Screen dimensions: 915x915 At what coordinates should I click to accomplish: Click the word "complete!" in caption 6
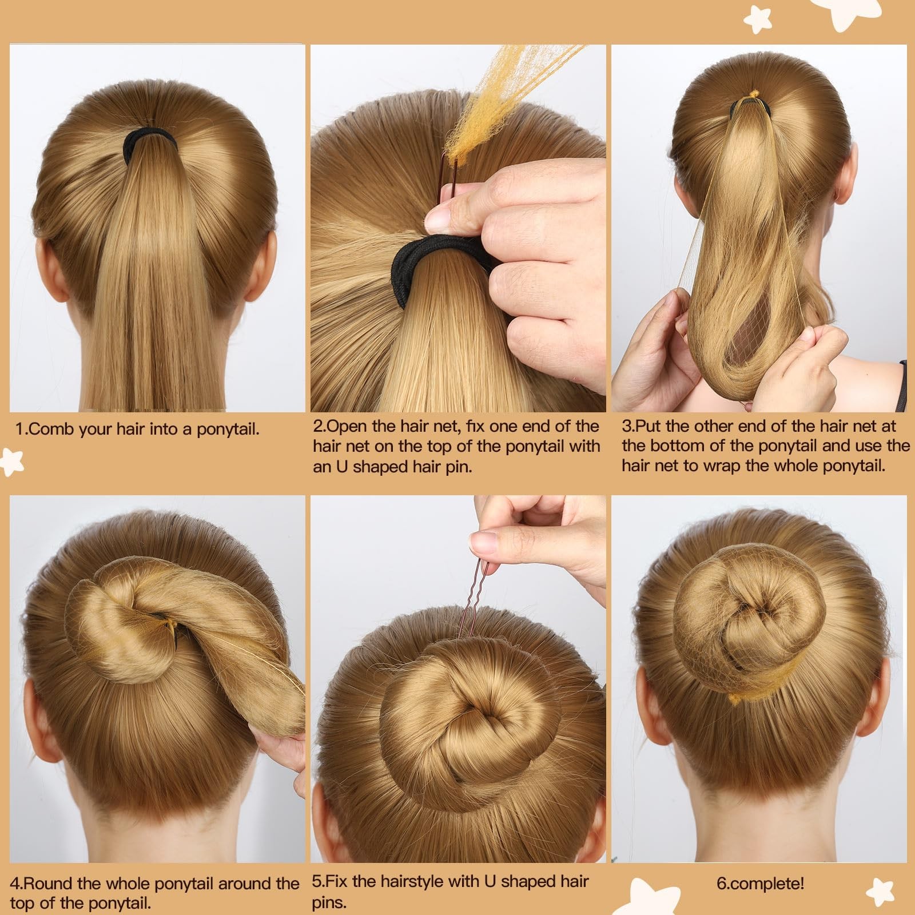pyautogui.click(x=767, y=883)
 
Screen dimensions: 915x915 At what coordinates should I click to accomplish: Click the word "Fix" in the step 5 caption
pyautogui.click(x=337, y=881)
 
